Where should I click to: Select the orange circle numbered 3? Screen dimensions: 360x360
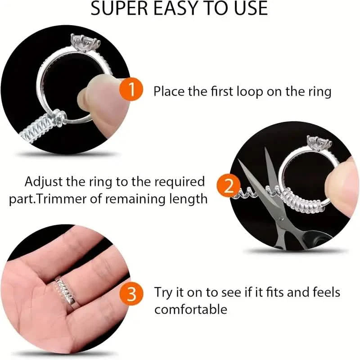click(x=131, y=296)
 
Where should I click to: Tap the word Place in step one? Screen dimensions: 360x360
click(x=170, y=92)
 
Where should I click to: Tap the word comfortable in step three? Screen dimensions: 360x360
click(x=191, y=310)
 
